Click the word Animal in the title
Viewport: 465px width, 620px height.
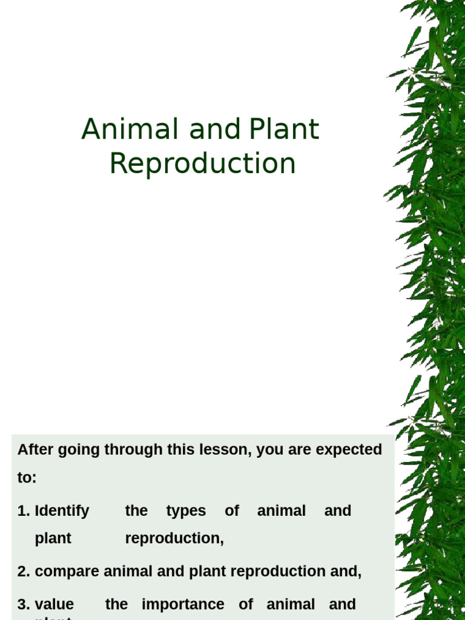pos(130,130)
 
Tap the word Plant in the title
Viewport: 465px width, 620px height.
pos(283,130)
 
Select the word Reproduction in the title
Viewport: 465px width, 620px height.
pos(202,163)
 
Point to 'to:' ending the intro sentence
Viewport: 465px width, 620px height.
pos(27,478)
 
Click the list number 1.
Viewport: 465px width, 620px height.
pos(23,511)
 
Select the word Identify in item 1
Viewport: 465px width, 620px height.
pos(62,511)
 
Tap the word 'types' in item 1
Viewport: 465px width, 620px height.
pos(186,511)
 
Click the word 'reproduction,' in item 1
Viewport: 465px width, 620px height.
pos(174,538)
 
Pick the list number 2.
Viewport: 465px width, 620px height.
pos(23,572)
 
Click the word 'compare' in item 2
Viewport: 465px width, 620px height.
pos(67,572)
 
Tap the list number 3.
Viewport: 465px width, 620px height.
pos(23,604)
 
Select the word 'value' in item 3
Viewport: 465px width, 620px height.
pos(54,604)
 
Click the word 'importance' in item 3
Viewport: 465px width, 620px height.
pos(183,604)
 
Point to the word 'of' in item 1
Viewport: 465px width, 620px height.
pos(232,511)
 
